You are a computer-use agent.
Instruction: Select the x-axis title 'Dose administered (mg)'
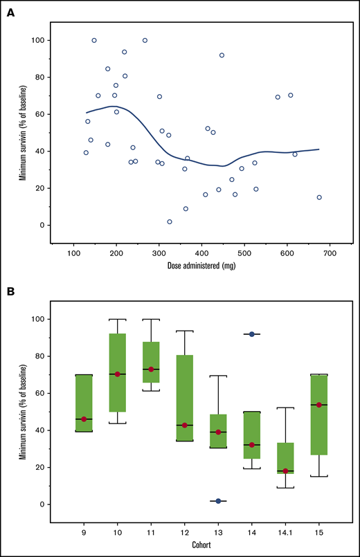201,265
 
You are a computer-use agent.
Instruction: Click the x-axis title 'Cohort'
201,545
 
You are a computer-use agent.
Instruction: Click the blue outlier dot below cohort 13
218,501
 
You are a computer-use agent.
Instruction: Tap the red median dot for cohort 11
151,369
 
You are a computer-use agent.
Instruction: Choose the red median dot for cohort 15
318,405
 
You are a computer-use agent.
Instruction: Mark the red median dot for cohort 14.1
285,471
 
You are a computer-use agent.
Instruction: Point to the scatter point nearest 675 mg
319,197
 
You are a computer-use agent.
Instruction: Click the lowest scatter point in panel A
170,221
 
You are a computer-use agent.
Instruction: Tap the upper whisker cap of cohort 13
218,376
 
